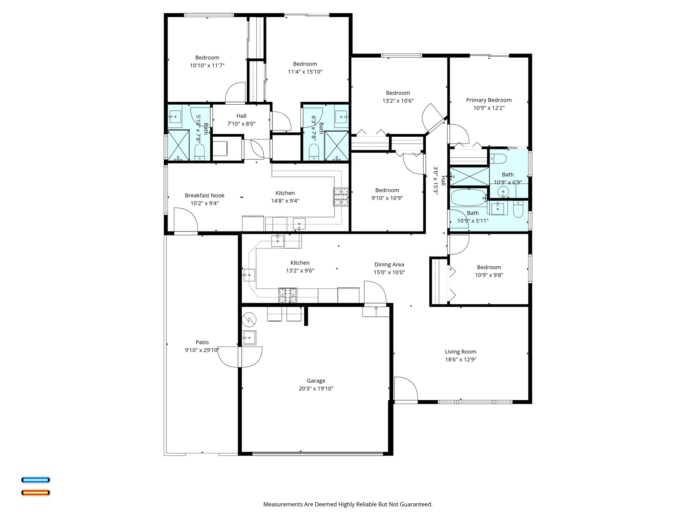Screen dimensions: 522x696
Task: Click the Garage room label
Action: (316, 381)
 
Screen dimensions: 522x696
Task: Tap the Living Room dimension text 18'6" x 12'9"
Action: (460, 360)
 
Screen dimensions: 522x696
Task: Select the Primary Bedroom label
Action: (489, 100)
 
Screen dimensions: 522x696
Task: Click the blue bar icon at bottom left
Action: (36, 480)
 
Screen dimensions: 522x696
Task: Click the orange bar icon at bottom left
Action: (36, 492)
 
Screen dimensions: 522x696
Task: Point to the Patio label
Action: (202, 342)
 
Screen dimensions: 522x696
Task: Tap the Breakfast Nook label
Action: (205, 195)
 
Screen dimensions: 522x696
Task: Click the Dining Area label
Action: (389, 264)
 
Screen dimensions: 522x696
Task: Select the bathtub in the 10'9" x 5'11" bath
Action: (468, 197)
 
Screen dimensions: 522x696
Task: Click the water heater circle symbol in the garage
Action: (249, 319)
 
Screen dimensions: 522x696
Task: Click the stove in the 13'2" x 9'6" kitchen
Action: (288, 295)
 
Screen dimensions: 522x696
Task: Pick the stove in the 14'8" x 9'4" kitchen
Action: (341, 197)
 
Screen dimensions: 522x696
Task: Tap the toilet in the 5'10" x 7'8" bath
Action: (199, 152)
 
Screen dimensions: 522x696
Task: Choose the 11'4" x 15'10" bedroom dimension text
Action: (305, 72)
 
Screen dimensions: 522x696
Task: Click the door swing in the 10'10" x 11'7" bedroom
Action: (235, 92)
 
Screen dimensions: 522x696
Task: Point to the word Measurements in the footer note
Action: (283, 504)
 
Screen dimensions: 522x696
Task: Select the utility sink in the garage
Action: (249, 338)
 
